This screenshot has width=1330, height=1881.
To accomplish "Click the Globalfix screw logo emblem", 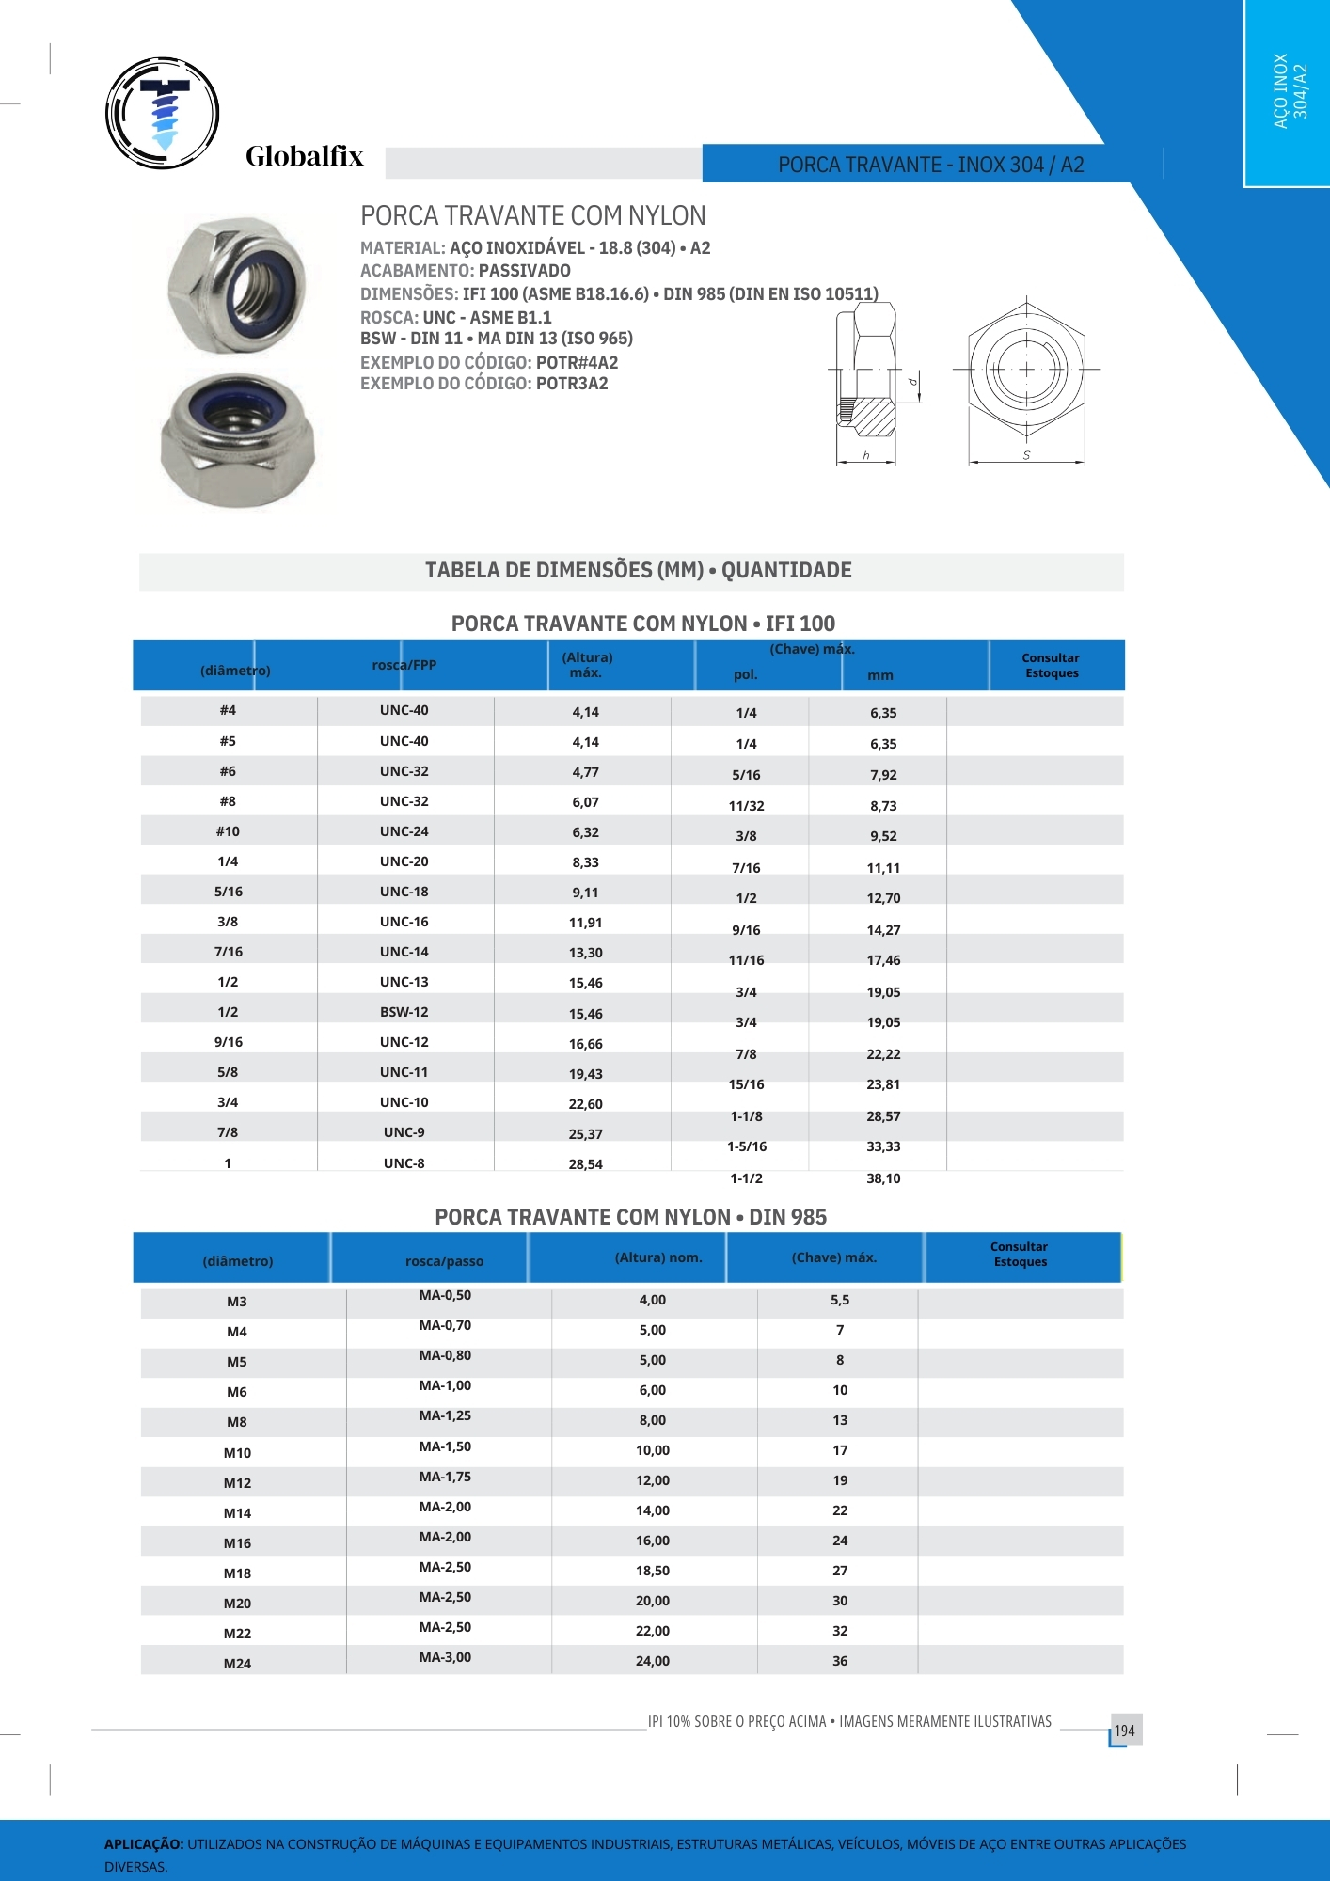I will [x=163, y=113].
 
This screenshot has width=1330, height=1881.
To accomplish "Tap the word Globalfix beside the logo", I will [x=304, y=156].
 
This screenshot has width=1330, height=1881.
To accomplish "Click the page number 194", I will [x=1124, y=1731].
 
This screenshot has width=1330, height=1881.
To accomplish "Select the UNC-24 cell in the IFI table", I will [x=404, y=831].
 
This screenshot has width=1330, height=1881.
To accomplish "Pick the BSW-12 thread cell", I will [x=404, y=1012].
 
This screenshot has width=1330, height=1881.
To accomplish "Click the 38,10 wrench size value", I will [x=883, y=1178].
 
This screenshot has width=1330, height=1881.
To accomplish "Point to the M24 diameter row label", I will [x=237, y=1664].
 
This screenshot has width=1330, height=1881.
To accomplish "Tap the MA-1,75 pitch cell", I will [x=445, y=1477].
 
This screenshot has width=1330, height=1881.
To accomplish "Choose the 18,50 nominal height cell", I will [x=652, y=1571].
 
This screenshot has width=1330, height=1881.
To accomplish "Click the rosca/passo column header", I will [x=444, y=1261].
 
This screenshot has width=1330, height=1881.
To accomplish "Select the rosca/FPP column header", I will [x=404, y=665].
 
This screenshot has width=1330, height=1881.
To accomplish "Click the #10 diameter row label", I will [x=228, y=831].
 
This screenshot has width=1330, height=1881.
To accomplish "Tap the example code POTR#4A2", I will [x=577, y=363].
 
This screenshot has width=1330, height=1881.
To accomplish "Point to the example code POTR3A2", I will [x=572, y=384].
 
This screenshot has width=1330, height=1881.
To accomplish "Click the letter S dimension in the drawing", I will [x=1026, y=455].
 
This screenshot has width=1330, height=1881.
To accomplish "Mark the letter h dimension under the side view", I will [x=866, y=455].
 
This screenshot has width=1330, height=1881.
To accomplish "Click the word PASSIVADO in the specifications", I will [x=524, y=271].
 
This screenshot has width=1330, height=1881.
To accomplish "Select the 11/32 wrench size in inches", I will [x=746, y=806].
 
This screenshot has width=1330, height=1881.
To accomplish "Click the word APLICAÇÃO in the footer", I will [x=143, y=1844].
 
